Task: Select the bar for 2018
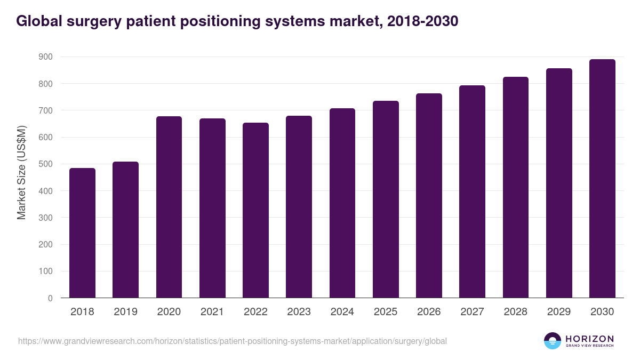pos(82,233)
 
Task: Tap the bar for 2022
pos(255,210)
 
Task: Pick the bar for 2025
pos(386,199)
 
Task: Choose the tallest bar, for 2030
pos(602,179)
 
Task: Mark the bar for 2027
pos(472,191)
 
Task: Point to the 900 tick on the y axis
pos(46,57)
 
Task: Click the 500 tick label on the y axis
pos(46,164)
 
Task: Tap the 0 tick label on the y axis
pos(50,298)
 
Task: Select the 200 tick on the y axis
pos(46,245)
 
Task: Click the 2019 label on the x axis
pos(125,312)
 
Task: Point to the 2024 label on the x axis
pos(342,312)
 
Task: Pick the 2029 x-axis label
pos(559,312)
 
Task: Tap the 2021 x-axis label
pos(212,312)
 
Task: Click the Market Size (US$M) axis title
pos(21,172)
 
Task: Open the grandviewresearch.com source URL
pos(233,341)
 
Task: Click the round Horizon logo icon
pos(553,341)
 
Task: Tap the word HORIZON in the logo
pos(589,338)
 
